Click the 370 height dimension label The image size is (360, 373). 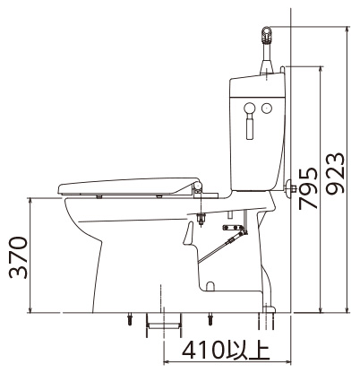[x=19, y=257]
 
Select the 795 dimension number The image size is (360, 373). [x=308, y=188]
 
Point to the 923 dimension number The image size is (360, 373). [x=335, y=174]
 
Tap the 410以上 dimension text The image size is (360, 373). [x=227, y=351]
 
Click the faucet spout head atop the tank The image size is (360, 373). [x=266, y=36]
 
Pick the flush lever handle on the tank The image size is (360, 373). [x=250, y=120]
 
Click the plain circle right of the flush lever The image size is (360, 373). [x=267, y=108]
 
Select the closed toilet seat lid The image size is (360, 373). [x=129, y=187]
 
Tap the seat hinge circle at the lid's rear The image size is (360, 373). [x=198, y=186]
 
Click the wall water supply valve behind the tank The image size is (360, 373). [x=290, y=188]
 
